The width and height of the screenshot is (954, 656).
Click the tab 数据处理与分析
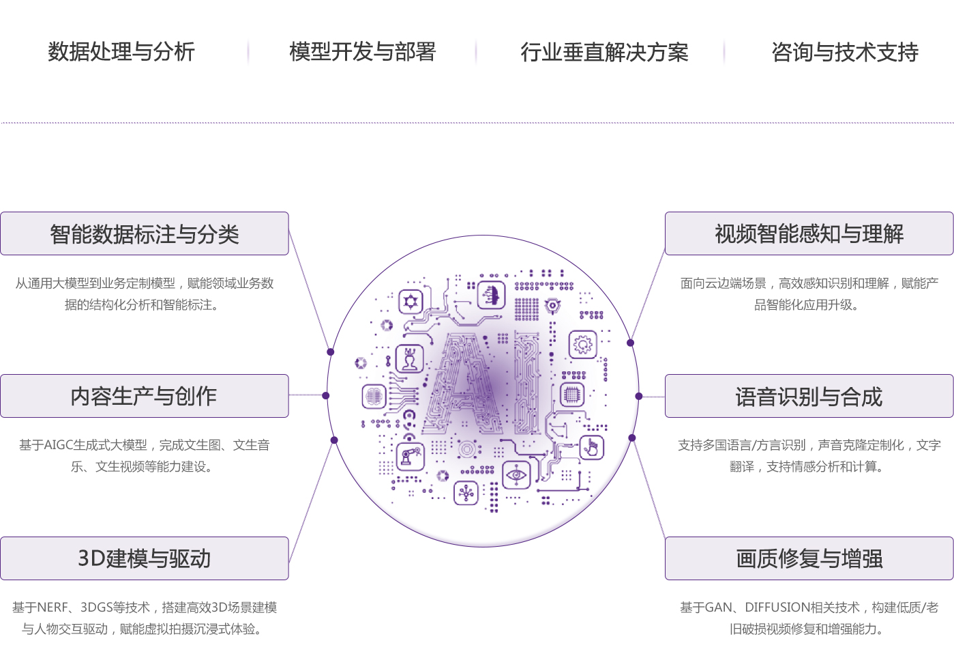point(121,52)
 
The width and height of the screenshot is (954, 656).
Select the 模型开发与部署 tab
point(362,52)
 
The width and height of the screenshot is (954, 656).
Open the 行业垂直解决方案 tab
point(604,52)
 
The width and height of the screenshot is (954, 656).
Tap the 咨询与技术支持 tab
point(845,52)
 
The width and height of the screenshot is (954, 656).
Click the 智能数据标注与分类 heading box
point(145,234)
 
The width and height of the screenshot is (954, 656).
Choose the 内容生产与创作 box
point(145,396)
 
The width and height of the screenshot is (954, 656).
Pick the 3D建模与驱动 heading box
point(145,558)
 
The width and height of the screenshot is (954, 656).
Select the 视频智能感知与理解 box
point(809,234)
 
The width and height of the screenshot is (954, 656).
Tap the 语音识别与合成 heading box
point(809,396)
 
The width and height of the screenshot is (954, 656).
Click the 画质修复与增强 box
point(809,558)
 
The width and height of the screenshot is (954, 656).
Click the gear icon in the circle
point(582,345)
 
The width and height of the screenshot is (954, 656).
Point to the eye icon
point(516,474)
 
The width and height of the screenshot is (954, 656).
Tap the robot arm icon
point(411,456)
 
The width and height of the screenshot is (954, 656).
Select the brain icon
point(374,396)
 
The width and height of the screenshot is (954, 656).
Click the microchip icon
point(572,394)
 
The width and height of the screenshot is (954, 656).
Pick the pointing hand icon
point(591,448)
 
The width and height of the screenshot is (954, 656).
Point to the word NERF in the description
point(53,608)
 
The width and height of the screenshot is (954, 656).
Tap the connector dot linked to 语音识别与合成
point(639,396)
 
